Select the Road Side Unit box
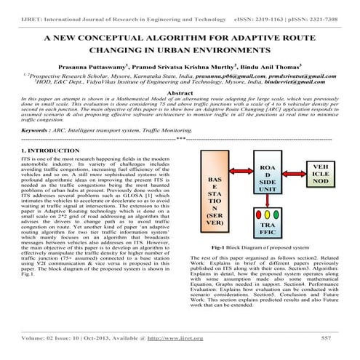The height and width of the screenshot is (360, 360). pos(267,178)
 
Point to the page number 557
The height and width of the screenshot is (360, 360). pos(326,338)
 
